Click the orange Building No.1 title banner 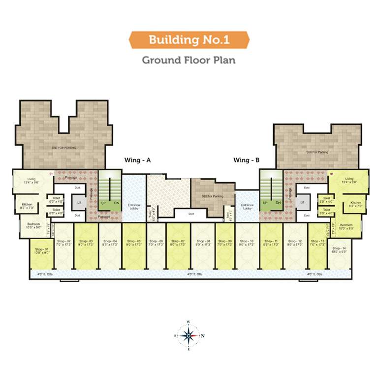coord(189,39)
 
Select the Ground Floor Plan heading coord(189,60)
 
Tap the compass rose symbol coord(189,335)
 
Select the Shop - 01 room coord(41,252)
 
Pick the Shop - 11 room coord(270,243)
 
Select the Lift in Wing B coord(302,202)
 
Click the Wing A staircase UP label coord(103,203)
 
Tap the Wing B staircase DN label coord(278,203)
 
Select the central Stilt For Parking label coord(213,196)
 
